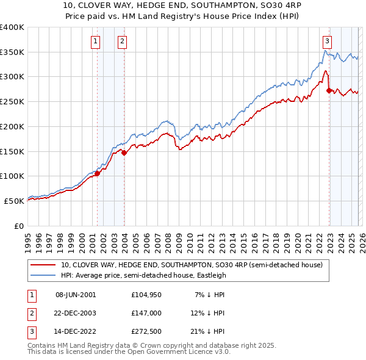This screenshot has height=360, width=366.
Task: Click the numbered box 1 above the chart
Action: click(96, 41)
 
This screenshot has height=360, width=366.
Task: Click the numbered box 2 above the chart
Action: click(123, 41)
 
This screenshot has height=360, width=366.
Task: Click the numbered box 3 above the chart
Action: click(327, 41)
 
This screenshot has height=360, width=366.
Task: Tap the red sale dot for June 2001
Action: click(97, 174)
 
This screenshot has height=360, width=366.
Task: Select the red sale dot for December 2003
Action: click(124, 153)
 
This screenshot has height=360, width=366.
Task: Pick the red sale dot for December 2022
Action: click(329, 91)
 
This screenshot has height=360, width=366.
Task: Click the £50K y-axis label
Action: click(15, 201)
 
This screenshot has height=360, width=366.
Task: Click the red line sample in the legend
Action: click(43, 265)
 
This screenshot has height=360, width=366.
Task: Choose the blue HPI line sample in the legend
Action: click(43, 275)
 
